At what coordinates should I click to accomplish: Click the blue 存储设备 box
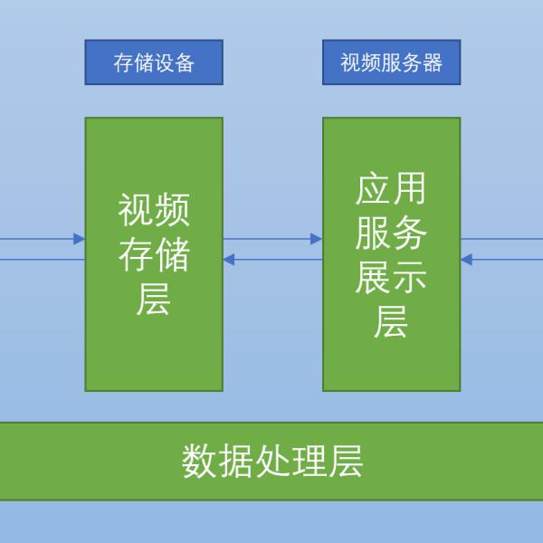tap(154, 62)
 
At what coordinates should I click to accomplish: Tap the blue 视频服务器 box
tap(391, 62)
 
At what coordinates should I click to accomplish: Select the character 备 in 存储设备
tap(185, 62)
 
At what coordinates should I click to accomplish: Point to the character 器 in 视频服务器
tap(433, 62)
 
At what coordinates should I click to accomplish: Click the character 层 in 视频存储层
tap(154, 299)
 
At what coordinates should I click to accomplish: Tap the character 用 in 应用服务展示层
tap(410, 188)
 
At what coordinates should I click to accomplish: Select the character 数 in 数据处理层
tap(199, 461)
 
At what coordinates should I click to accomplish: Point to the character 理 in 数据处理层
tap(310, 461)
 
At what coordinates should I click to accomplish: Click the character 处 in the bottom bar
tap(273, 461)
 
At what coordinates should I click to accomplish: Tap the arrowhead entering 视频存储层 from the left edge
tap(79, 239)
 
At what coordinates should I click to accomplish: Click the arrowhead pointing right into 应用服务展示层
tap(316, 239)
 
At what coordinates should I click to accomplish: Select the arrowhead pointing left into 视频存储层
tap(229, 260)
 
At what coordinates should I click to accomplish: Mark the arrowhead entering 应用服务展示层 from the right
tap(466, 260)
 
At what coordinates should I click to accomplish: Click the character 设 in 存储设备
tap(164, 62)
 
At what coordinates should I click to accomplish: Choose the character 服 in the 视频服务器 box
tap(391, 62)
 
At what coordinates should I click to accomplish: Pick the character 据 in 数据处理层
tap(236, 461)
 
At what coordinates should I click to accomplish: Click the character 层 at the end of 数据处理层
tap(346, 461)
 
